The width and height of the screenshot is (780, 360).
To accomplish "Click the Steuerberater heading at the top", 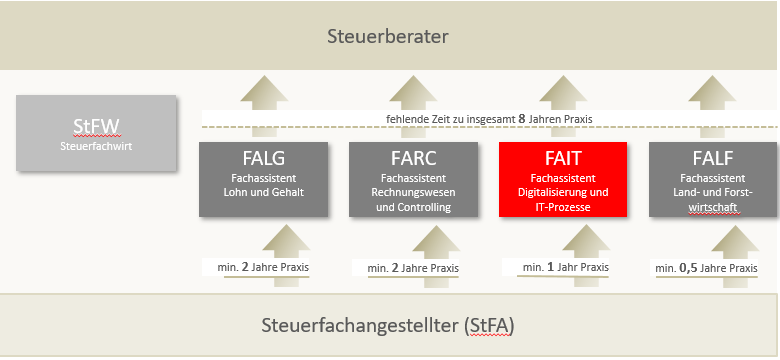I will (389, 37).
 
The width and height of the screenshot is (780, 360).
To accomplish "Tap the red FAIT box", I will (563, 180).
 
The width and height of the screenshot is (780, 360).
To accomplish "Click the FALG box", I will (263, 180).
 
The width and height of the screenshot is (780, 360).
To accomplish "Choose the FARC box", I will (413, 180).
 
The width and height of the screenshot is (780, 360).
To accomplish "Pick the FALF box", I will (713, 180).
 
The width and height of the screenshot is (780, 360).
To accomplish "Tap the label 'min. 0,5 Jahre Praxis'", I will (706, 268).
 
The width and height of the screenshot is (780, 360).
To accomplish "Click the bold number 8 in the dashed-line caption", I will (521, 119).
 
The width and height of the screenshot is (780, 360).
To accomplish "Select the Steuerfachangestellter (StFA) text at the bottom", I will (388, 326).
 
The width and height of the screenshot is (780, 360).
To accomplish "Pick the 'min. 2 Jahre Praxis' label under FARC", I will (413, 268).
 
